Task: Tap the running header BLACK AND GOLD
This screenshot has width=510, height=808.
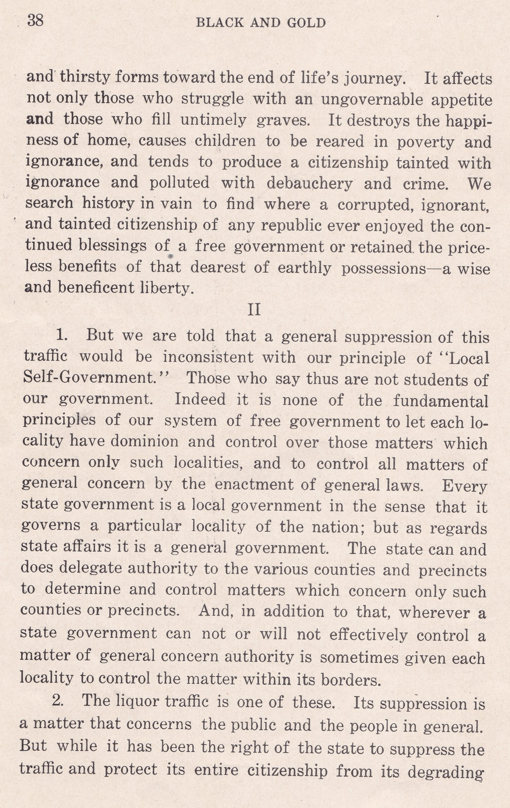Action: click(x=261, y=23)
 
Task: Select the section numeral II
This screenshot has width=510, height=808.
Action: click(x=254, y=309)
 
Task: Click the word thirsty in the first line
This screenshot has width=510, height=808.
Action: click(x=85, y=78)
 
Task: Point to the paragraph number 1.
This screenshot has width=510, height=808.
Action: click(x=62, y=335)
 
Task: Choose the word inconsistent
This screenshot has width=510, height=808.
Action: click(x=208, y=357)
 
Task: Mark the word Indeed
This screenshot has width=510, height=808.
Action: click(x=200, y=399)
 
